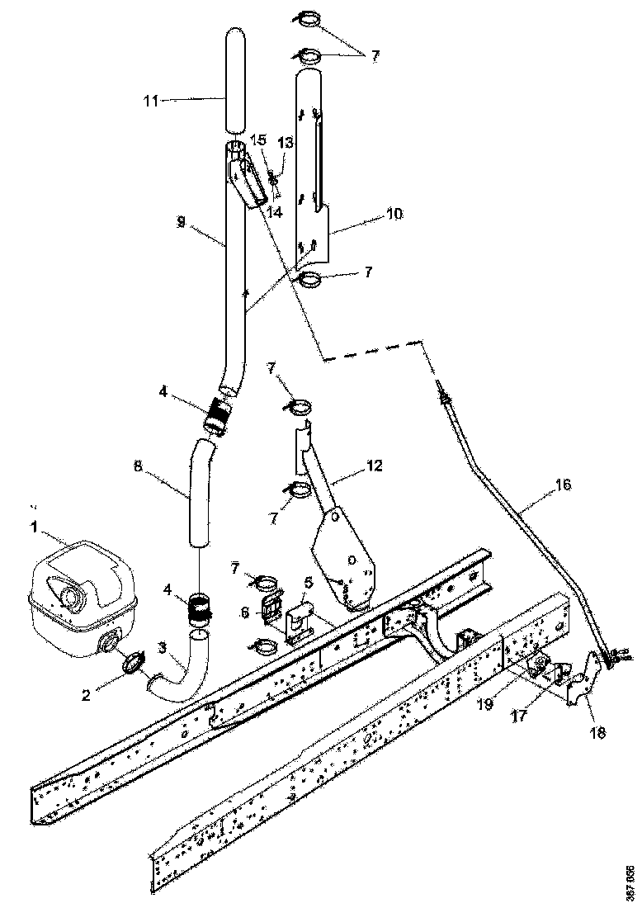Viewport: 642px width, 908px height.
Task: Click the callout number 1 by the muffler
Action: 34,525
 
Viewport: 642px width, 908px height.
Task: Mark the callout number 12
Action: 375,466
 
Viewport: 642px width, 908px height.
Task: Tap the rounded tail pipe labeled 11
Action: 236,78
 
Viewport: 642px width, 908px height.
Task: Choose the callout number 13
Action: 285,143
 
